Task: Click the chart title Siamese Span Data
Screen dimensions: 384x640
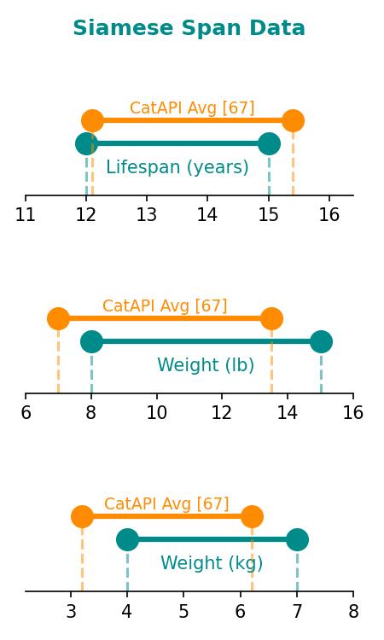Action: pos(189,28)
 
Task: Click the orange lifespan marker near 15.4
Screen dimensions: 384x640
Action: pos(293,121)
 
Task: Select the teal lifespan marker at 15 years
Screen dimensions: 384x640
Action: pos(269,143)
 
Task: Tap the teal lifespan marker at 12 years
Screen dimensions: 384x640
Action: pos(86,143)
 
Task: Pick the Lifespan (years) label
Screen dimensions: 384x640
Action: pos(177,167)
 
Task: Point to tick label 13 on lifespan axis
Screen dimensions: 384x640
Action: pos(147,215)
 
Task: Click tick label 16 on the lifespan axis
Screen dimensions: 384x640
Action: pos(329,215)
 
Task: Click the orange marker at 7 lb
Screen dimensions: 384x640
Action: pos(58,319)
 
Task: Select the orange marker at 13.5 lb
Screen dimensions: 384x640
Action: pos(271,319)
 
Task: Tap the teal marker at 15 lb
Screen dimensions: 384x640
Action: pos(321,341)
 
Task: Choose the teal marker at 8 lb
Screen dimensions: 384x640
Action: pos(91,341)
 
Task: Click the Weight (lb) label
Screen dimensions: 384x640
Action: pos(206,365)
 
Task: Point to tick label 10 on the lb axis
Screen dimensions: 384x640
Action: pos(157,413)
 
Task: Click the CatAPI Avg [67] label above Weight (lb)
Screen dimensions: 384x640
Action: pos(165,305)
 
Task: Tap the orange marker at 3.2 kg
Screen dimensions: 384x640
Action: pos(82,517)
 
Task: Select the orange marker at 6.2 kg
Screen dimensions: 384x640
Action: pos(252,517)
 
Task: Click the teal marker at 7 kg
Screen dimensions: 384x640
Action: pos(297,539)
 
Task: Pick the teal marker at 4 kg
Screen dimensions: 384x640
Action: pos(127,539)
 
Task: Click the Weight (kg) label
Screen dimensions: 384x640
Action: pos(212,563)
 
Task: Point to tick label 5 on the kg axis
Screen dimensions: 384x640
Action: pos(183,611)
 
